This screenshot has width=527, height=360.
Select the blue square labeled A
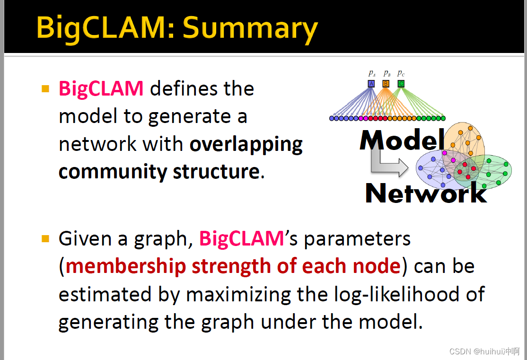(x=371, y=84)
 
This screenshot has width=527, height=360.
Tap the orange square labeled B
(x=386, y=84)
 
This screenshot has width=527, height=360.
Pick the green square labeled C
(x=401, y=84)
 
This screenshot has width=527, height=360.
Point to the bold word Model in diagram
(x=402, y=140)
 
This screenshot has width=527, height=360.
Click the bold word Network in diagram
(x=426, y=193)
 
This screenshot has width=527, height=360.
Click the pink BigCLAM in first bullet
(x=101, y=89)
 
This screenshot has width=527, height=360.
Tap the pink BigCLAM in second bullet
(x=241, y=238)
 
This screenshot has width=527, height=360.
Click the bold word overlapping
(x=246, y=145)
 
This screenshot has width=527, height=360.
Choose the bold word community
(x=113, y=172)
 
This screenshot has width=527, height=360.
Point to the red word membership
(x=126, y=266)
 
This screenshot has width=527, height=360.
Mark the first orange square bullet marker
(x=45, y=89)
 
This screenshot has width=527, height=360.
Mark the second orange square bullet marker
(x=45, y=238)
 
